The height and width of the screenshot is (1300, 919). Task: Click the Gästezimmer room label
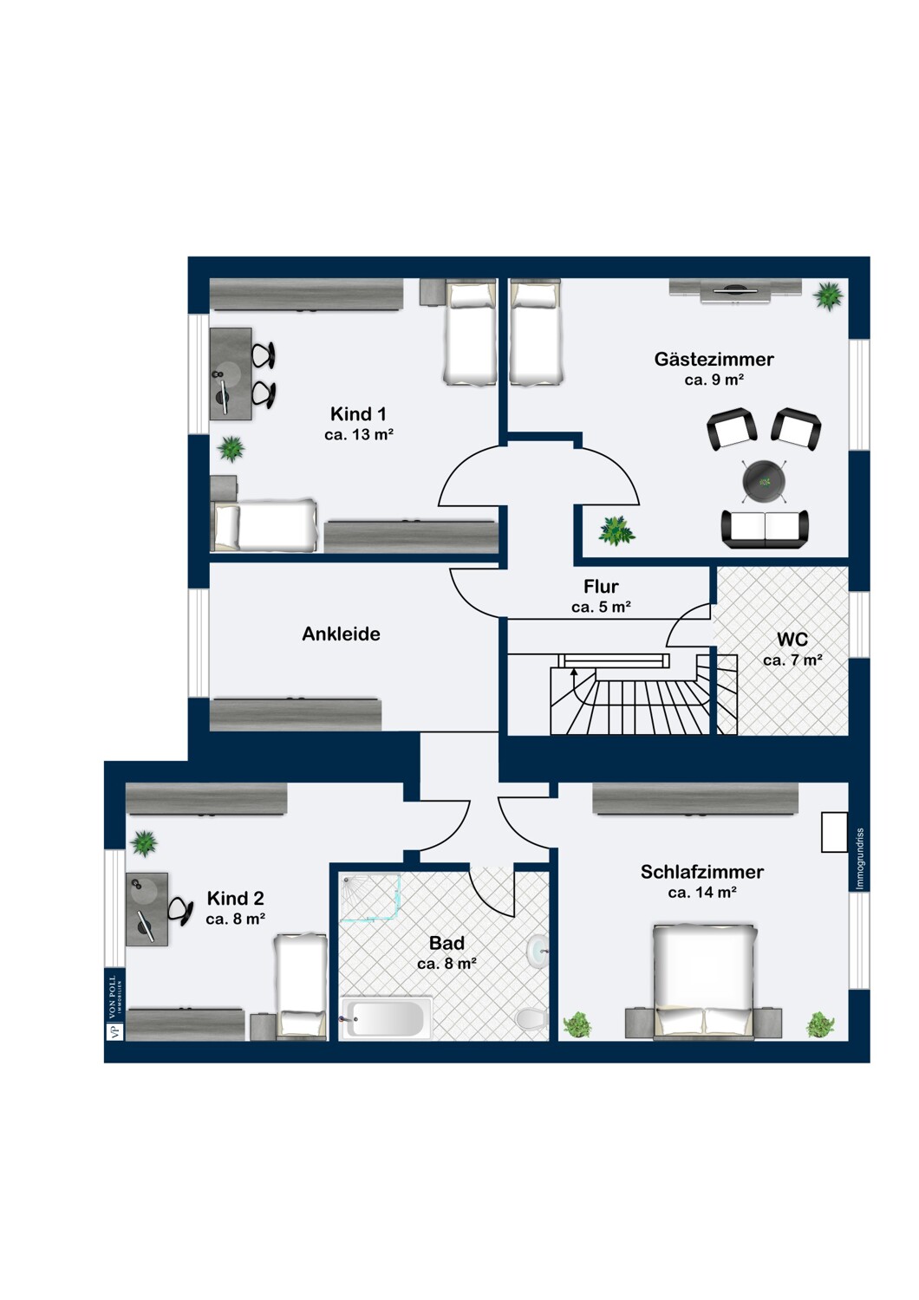pyautogui.click(x=714, y=360)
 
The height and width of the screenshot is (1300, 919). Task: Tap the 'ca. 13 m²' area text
pyautogui.click(x=359, y=434)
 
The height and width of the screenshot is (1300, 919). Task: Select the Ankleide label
pyautogui.click(x=341, y=634)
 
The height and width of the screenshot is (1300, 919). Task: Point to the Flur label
pyautogui.click(x=601, y=586)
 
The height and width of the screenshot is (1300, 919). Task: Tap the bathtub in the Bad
pyautogui.click(x=387, y=1018)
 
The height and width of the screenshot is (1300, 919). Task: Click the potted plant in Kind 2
pyautogui.click(x=144, y=842)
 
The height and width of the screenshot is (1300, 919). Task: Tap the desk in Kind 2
pyautogui.click(x=147, y=909)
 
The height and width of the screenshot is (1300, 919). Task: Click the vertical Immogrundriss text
pyautogui.click(x=860, y=858)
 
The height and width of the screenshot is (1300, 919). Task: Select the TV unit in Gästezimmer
pyautogui.click(x=735, y=290)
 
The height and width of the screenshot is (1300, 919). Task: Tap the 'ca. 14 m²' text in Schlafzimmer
pyautogui.click(x=702, y=893)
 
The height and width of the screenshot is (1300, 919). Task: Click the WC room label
pyautogui.click(x=792, y=640)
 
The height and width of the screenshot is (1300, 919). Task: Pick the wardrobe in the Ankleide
pyautogui.click(x=296, y=714)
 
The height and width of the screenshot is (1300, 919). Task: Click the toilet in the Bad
pyautogui.click(x=531, y=1017)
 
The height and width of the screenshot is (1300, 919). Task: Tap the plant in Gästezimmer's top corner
pyautogui.click(x=828, y=296)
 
